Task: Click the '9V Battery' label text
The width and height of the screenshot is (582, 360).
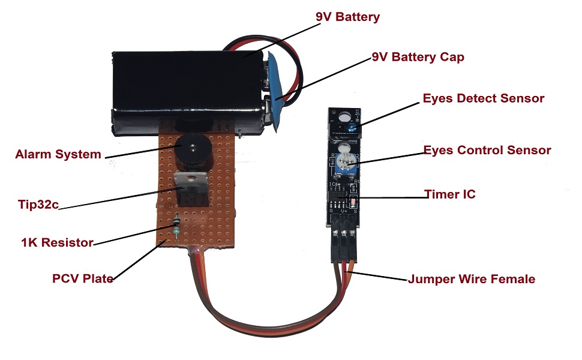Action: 347,17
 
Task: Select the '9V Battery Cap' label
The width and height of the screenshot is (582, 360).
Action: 418,58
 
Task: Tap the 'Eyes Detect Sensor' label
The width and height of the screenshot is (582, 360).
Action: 483,98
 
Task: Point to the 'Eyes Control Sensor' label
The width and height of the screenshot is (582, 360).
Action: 487,150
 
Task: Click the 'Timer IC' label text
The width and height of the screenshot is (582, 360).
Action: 449,194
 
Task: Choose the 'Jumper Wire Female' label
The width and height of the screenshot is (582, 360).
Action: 471,279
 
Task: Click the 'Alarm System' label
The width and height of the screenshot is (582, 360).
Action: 58,154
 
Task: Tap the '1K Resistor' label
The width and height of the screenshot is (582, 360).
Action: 57,243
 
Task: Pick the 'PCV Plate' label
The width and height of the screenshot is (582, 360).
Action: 83,278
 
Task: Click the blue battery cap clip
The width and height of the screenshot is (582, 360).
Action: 277,90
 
